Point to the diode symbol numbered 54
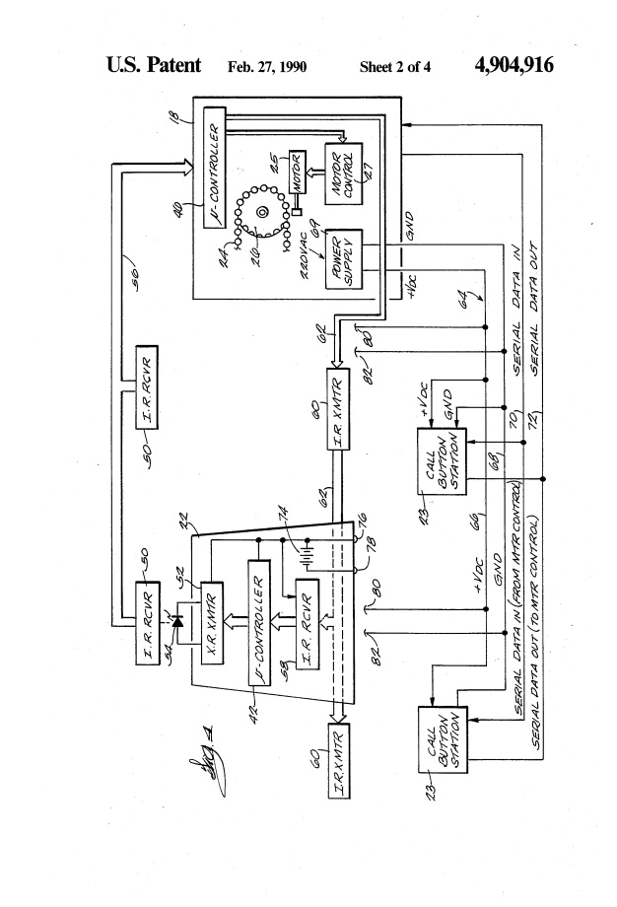click(181, 622)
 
